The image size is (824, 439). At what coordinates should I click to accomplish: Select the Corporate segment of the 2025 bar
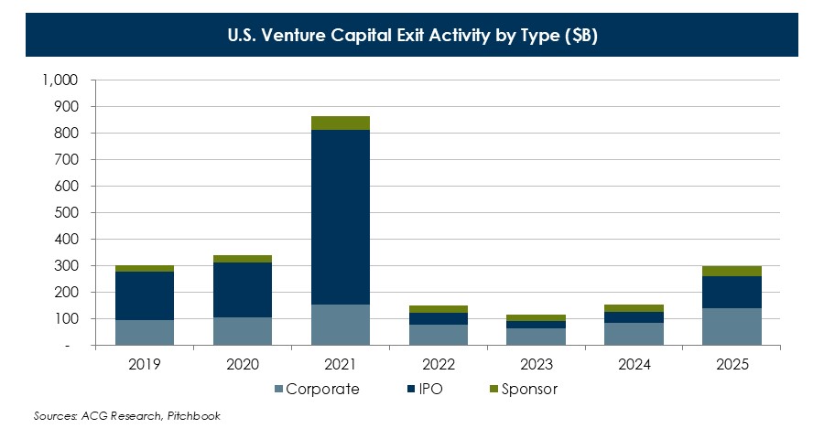[x=732, y=327]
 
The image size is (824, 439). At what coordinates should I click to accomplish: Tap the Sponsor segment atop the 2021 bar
[x=341, y=123]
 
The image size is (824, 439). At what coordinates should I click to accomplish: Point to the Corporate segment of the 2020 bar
[x=243, y=331]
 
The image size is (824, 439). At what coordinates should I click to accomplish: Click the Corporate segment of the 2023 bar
[x=537, y=337]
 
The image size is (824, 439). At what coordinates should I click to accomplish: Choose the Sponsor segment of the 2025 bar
[x=732, y=271]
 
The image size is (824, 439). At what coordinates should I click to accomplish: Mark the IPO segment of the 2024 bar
[x=634, y=317]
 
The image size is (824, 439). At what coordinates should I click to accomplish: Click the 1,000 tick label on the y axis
[x=60, y=80]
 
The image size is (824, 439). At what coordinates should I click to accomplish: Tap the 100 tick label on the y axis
[x=68, y=319]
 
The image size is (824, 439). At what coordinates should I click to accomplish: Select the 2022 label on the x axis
[x=439, y=365]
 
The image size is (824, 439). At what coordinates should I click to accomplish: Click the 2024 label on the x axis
[x=634, y=365]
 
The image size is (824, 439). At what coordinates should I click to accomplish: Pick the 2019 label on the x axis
[x=145, y=365]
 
